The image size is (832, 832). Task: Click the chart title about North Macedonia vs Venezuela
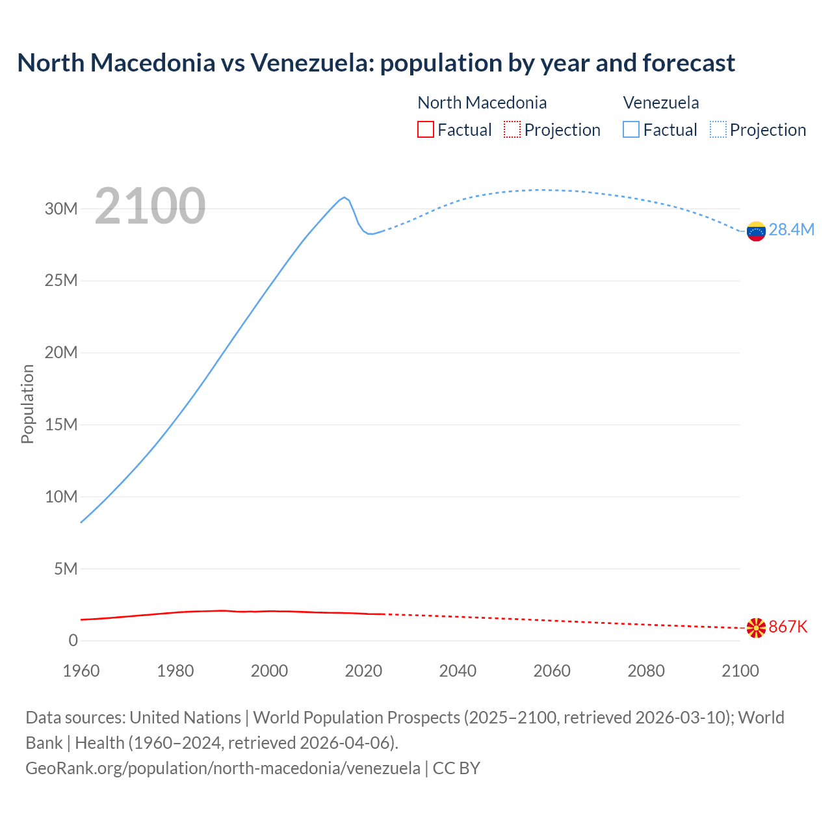coord(376,63)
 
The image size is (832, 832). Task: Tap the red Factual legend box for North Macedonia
coord(425,129)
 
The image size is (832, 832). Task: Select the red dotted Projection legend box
coord(512,129)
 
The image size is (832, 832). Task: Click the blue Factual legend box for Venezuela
coord(631,129)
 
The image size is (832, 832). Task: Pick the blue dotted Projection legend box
coord(718,129)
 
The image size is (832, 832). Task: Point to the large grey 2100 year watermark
coord(150,206)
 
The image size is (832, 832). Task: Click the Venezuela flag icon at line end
coord(756,231)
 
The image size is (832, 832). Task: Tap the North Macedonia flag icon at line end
coord(756,628)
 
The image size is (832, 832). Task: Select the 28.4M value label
coord(791,229)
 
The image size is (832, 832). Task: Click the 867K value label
coord(788,627)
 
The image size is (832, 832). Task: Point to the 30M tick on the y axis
coord(61,209)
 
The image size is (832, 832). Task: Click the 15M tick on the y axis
coord(61,424)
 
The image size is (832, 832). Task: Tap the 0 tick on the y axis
coord(73,640)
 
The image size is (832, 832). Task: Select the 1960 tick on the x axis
coord(81,671)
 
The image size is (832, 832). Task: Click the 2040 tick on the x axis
coord(458,671)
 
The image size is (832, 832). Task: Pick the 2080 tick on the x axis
coord(646,671)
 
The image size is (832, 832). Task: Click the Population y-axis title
coord(27,404)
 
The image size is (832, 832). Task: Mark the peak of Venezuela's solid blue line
coord(344,197)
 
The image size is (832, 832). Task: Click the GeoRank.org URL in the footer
coord(223,768)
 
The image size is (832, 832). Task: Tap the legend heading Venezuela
coord(661,103)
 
